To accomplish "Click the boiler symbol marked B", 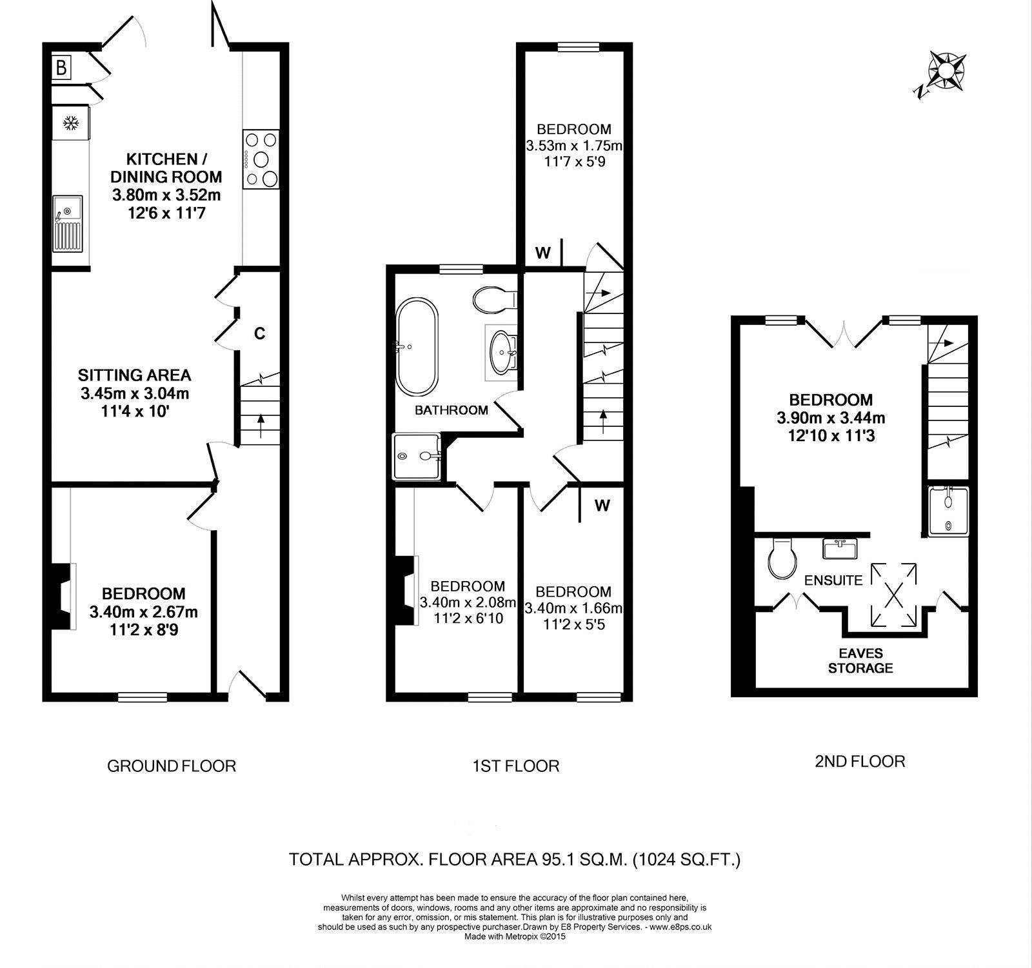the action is (x=61, y=67).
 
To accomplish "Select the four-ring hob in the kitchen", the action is (x=261, y=159).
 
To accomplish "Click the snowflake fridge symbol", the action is (x=70, y=123).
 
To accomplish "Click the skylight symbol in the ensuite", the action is (x=893, y=594).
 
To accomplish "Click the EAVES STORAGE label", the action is (x=860, y=660).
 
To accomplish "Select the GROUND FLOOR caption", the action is (x=172, y=766).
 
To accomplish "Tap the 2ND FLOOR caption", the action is (x=860, y=761).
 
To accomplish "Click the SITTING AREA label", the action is (x=135, y=375).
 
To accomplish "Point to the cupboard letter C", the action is (x=259, y=333).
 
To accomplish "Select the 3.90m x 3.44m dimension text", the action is (x=831, y=418).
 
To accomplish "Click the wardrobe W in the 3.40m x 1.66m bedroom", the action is (x=602, y=505).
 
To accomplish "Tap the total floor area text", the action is (x=515, y=860).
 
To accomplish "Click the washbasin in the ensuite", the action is (x=840, y=549).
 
